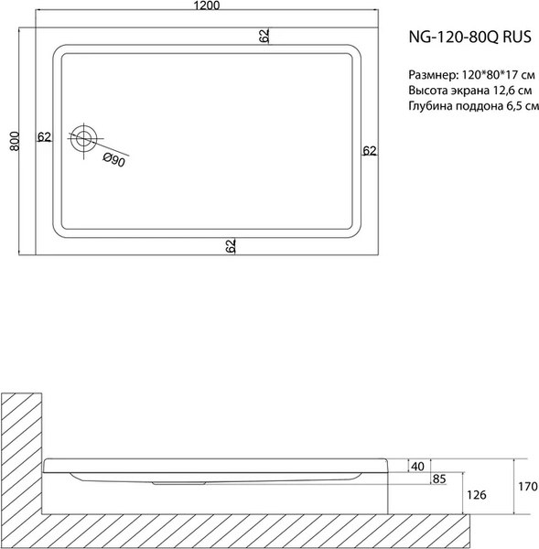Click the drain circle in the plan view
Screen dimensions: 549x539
tap(85, 139)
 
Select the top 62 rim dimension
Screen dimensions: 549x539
tap(264, 36)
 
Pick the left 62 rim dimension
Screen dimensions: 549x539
tap(43, 137)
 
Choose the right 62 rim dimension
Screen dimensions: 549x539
tap(369, 150)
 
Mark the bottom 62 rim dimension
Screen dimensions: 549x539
tap(231, 244)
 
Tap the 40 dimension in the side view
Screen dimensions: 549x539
tap(418, 467)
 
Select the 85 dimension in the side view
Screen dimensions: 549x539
tap(439, 479)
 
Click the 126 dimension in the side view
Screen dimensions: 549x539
tap(474, 495)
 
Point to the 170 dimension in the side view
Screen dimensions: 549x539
tap(524, 487)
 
